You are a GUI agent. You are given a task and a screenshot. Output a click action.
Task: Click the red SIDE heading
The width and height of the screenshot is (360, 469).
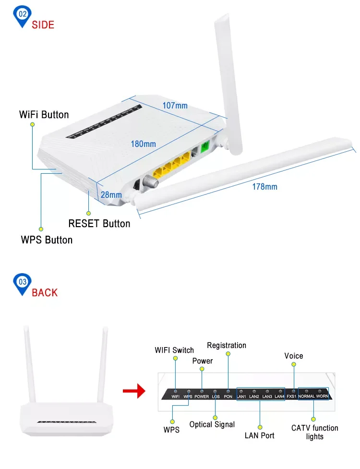(x=43, y=24)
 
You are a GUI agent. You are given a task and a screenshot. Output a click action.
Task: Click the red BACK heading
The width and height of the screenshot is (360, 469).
(x=44, y=292)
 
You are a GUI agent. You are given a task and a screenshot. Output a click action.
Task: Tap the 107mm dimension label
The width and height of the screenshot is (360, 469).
(x=175, y=105)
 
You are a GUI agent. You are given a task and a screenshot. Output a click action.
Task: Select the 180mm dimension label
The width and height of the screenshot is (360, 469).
(x=144, y=144)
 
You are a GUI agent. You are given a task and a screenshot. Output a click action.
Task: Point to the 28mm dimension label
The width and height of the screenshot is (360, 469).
(x=111, y=194)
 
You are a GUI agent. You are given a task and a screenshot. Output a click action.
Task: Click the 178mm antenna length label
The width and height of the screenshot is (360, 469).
(x=264, y=187)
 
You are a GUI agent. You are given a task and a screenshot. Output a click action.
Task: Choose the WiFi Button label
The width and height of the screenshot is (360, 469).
(x=44, y=115)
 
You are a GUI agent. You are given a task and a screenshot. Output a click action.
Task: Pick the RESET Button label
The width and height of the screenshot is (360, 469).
(x=99, y=224)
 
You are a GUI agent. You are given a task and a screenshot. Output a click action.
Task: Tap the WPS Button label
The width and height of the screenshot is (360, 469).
(x=47, y=240)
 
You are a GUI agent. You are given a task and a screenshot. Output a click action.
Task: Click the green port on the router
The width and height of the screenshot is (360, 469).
(x=205, y=147)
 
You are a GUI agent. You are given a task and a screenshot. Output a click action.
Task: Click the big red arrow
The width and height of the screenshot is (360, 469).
(x=134, y=391)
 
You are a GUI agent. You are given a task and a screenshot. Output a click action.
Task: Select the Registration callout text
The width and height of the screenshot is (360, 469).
(x=227, y=345)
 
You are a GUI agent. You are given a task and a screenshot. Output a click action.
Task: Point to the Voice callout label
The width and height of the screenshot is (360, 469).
(x=293, y=356)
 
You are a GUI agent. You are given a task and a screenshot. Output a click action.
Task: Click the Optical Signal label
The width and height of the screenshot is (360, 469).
(x=212, y=424)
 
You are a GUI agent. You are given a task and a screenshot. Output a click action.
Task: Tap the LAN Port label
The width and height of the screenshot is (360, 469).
(x=260, y=435)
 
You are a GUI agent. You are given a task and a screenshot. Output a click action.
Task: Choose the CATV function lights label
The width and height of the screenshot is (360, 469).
(x=314, y=432)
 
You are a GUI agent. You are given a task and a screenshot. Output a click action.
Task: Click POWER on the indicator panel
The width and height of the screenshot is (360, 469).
(x=202, y=397)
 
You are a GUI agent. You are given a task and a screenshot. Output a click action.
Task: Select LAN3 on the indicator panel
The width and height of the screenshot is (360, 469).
(x=267, y=397)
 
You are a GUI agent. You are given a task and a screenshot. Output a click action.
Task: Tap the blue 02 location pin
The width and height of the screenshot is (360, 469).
(x=23, y=15)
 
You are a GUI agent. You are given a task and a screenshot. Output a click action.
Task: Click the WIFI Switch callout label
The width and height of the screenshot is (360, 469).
(x=174, y=350)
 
